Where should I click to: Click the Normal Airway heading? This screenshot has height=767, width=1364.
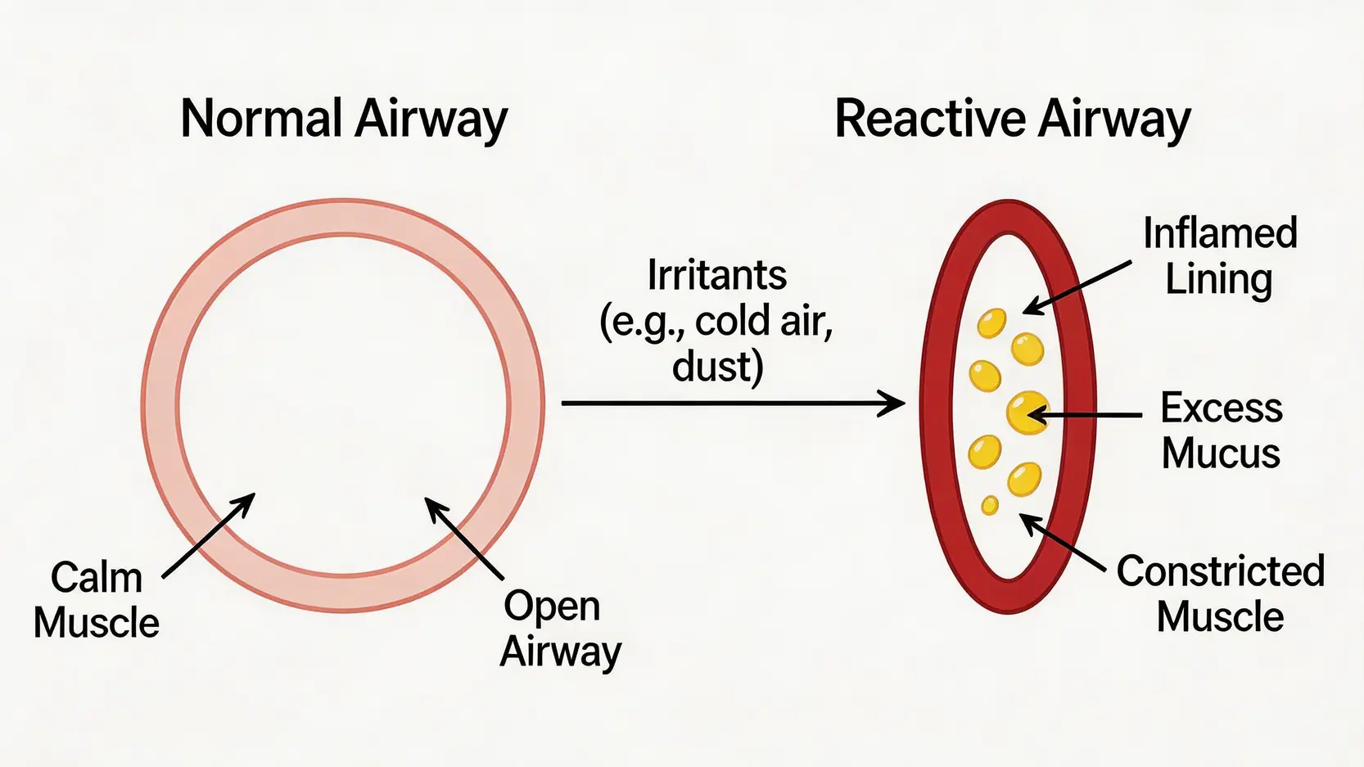(x=344, y=120)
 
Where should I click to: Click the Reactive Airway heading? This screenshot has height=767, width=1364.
(x=1012, y=120)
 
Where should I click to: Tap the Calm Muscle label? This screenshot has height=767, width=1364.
(x=97, y=600)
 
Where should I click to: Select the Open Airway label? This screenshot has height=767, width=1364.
(x=561, y=629)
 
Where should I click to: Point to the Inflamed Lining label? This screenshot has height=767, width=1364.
(x=1219, y=256)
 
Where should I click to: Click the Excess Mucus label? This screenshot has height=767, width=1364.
(x=1221, y=430)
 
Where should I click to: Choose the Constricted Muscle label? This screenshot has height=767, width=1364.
(x=1220, y=593)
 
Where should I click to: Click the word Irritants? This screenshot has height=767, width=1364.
(x=716, y=275)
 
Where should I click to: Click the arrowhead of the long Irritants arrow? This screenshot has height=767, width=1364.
(x=894, y=404)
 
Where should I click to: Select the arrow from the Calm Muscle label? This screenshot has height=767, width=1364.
(x=209, y=535)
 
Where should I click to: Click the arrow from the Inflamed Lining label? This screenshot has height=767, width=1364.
(x=1077, y=287)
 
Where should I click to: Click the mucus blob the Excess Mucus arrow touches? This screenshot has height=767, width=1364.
(x=1027, y=412)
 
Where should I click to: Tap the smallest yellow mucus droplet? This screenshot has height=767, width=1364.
(x=990, y=505)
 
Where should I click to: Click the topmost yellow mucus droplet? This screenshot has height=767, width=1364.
(x=991, y=323)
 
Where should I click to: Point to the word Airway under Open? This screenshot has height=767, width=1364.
(x=561, y=652)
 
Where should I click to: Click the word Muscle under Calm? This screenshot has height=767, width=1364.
(x=97, y=623)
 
